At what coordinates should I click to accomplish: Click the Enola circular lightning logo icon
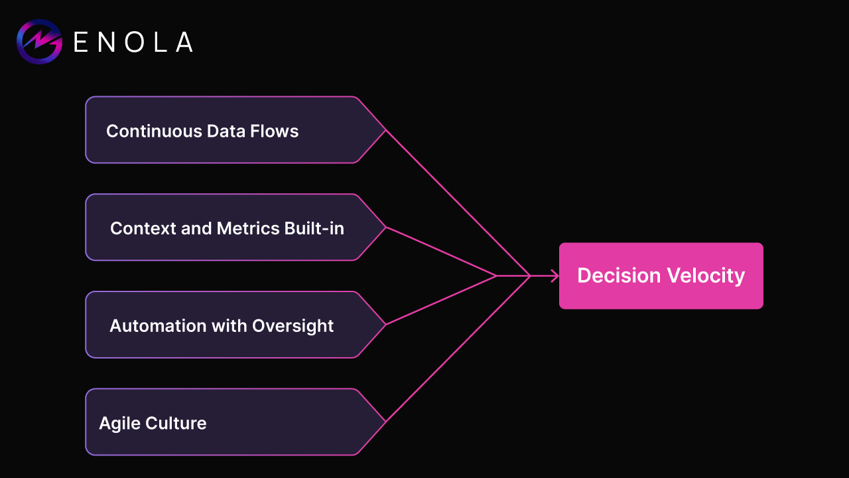pyautogui.click(x=39, y=42)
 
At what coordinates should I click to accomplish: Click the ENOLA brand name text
pyautogui.click(x=133, y=42)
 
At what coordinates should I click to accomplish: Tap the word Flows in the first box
pyautogui.click(x=275, y=131)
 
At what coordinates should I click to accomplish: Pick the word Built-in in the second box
pyautogui.click(x=314, y=228)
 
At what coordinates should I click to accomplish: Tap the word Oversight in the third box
pyautogui.click(x=293, y=326)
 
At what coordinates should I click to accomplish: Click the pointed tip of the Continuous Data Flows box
pyautogui.click(x=385, y=130)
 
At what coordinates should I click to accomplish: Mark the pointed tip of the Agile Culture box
pyautogui.click(x=385, y=422)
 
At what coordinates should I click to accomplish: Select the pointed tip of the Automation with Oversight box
pyautogui.click(x=385, y=325)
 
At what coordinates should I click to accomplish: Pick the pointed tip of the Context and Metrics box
pyautogui.click(x=385, y=227)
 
